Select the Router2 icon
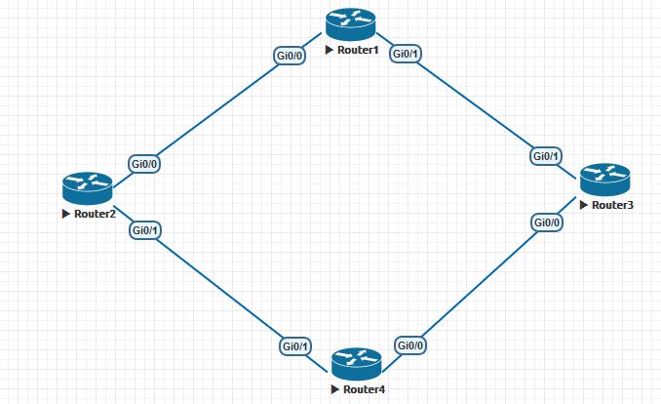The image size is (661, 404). click(x=88, y=186)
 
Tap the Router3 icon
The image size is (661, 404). click(x=604, y=179)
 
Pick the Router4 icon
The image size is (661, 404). click(x=356, y=364)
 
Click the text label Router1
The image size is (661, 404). click(x=358, y=49)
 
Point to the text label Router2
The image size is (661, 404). click(x=95, y=213)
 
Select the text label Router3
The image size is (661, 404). click(x=612, y=205)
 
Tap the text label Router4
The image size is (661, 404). click(x=364, y=389)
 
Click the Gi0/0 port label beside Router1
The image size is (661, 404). click(x=291, y=55)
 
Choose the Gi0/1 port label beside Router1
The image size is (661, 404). click(x=406, y=55)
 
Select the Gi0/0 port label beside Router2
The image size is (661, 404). click(x=144, y=164)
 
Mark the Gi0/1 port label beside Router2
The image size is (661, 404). click(x=146, y=230)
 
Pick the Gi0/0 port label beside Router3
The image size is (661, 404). click(x=547, y=222)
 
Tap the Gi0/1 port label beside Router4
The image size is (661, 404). click(x=295, y=346)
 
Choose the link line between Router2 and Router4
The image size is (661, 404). click(x=220, y=289)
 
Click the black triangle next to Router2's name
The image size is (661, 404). click(x=65, y=213)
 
